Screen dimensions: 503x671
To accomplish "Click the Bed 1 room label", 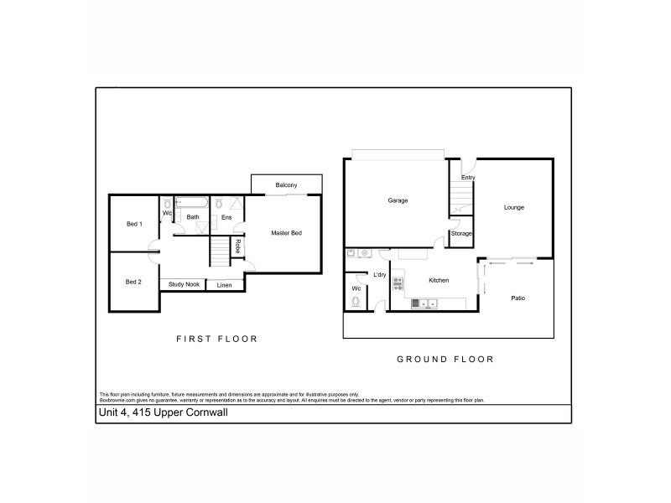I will click(x=134, y=224).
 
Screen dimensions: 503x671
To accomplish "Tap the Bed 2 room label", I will click(x=133, y=282).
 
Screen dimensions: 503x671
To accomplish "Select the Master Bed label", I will click(x=286, y=232).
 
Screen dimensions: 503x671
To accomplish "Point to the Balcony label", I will click(x=286, y=185).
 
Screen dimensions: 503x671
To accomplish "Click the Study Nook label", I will click(x=182, y=285).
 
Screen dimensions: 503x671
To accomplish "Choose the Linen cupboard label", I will click(x=224, y=286).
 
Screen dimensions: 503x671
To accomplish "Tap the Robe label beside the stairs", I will click(x=238, y=246).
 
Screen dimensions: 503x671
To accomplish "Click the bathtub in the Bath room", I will click(x=193, y=203).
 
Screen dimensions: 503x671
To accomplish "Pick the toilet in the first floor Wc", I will click(x=168, y=204).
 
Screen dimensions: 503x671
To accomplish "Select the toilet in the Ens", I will click(x=218, y=203).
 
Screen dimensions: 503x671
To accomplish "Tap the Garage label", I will click(x=398, y=200).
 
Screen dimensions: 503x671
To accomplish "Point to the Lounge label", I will click(x=513, y=207).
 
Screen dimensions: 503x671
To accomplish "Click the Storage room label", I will click(x=461, y=233).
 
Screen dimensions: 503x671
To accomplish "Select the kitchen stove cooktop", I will click(x=398, y=283).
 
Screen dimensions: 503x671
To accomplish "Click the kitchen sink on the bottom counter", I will click(x=419, y=303).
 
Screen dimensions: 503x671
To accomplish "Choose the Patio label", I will click(x=518, y=298).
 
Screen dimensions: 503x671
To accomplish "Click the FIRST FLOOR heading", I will click(x=216, y=340).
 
